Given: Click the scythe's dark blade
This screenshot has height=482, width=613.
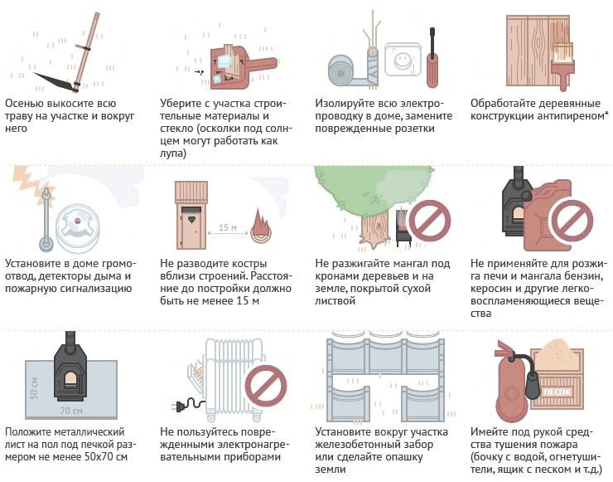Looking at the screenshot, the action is pos(53,80).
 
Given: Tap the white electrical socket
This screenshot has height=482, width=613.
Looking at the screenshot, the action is pos(403,60).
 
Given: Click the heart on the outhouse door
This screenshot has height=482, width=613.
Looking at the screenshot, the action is pos(191,219).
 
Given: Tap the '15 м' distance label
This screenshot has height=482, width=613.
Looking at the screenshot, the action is pos(228,227).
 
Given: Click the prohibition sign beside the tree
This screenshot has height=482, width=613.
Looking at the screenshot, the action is pos(429,222).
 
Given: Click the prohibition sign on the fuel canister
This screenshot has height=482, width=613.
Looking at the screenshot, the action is pos(572,222).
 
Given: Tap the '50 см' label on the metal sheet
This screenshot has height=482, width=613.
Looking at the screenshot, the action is pos(35,388).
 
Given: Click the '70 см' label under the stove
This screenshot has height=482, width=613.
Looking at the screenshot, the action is pos(71,411).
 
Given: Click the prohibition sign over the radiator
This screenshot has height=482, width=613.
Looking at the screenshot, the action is pos(266,386).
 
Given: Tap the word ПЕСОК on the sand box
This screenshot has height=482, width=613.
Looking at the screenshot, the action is pos(557,392).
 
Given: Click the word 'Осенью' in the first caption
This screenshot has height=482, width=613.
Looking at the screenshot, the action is pos(24,104).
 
